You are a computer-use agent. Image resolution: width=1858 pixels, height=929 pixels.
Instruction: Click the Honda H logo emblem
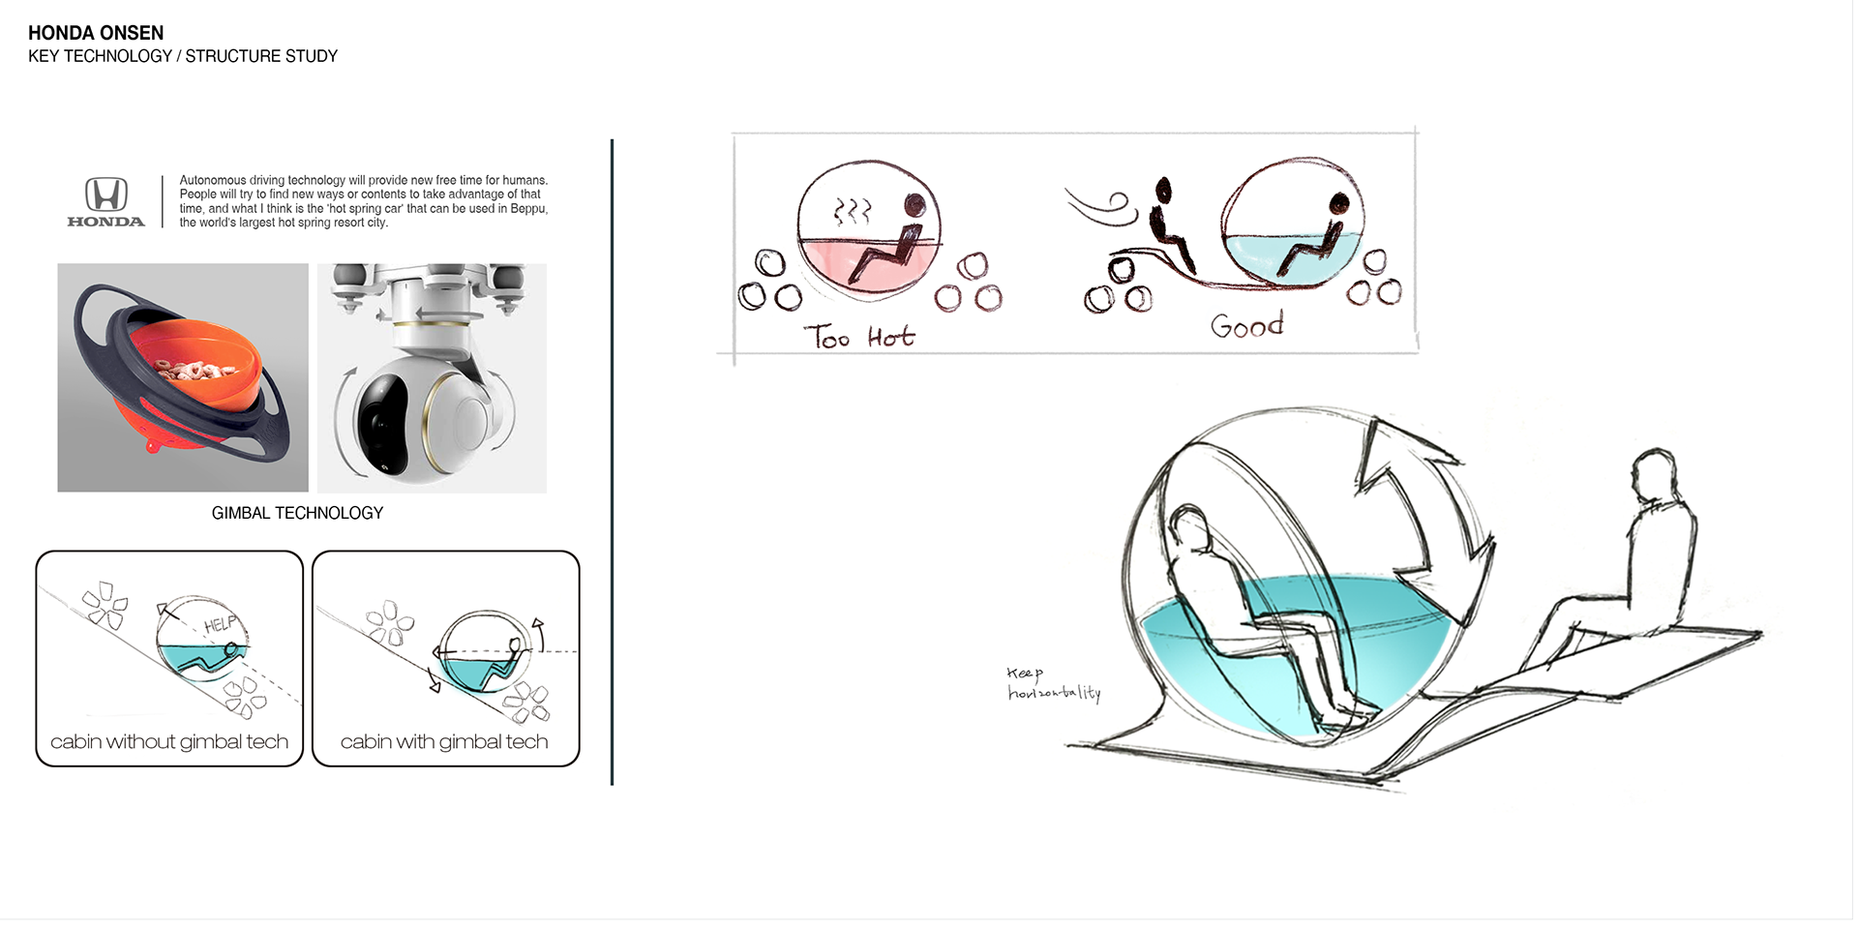pos(106,194)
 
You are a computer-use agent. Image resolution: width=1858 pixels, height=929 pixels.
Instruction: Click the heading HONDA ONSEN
pos(96,33)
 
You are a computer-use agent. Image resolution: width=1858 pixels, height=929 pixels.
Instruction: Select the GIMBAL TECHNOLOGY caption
pos(297,513)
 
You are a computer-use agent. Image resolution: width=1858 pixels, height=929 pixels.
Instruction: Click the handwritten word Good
pos(1246,326)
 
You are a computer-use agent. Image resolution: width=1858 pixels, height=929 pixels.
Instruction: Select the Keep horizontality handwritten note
pos(1052,683)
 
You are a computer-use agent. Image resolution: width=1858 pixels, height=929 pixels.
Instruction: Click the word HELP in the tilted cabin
pos(220,624)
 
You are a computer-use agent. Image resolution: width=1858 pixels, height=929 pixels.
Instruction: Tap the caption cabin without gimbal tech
pos(169,742)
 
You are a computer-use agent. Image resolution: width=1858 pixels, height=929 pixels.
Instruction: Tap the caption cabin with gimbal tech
pos(444,742)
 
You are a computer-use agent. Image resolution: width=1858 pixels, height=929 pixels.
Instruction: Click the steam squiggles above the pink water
pos(853,211)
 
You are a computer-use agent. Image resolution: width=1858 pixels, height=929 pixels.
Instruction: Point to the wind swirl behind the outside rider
pos(1101,206)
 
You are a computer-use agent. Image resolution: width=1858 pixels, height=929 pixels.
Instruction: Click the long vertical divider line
pos(612,463)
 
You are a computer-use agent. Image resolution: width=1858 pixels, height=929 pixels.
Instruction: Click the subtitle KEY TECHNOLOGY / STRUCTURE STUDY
pos(183,56)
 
